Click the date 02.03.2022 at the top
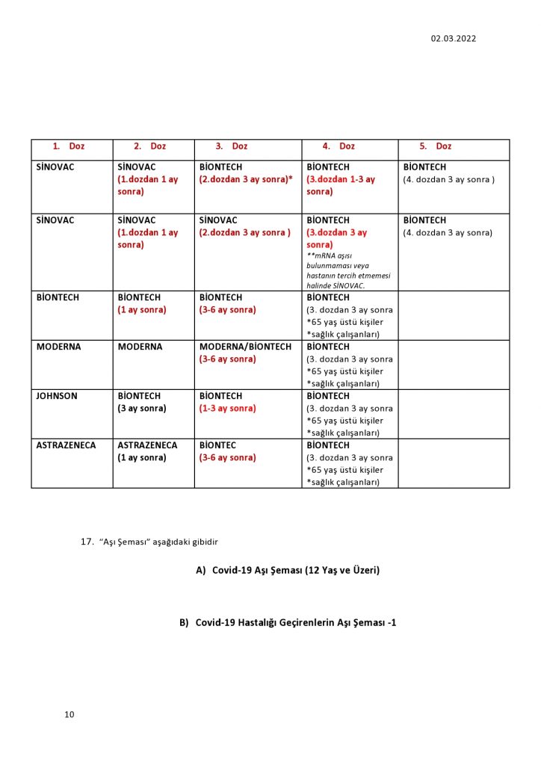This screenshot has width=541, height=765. click(x=453, y=39)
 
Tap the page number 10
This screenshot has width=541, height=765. click(x=69, y=714)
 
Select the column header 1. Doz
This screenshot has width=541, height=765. click(x=69, y=146)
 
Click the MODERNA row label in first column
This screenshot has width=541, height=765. click(x=58, y=347)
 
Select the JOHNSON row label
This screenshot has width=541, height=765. click(x=57, y=396)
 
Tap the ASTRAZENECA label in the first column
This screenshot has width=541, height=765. click(x=66, y=445)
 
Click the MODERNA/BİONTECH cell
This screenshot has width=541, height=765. click(x=245, y=347)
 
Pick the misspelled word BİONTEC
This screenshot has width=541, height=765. click(x=217, y=445)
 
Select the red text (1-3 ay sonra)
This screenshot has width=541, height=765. click(x=227, y=409)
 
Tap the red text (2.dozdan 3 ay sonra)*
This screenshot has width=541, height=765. click(x=245, y=180)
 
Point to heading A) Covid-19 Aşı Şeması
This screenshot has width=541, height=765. click(x=288, y=570)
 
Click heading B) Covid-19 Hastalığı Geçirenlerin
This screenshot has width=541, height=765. click(x=288, y=622)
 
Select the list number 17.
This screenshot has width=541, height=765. click(x=87, y=541)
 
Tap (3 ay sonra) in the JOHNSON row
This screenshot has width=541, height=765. click(x=142, y=409)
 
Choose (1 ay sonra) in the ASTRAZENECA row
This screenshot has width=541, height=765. click(x=142, y=458)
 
